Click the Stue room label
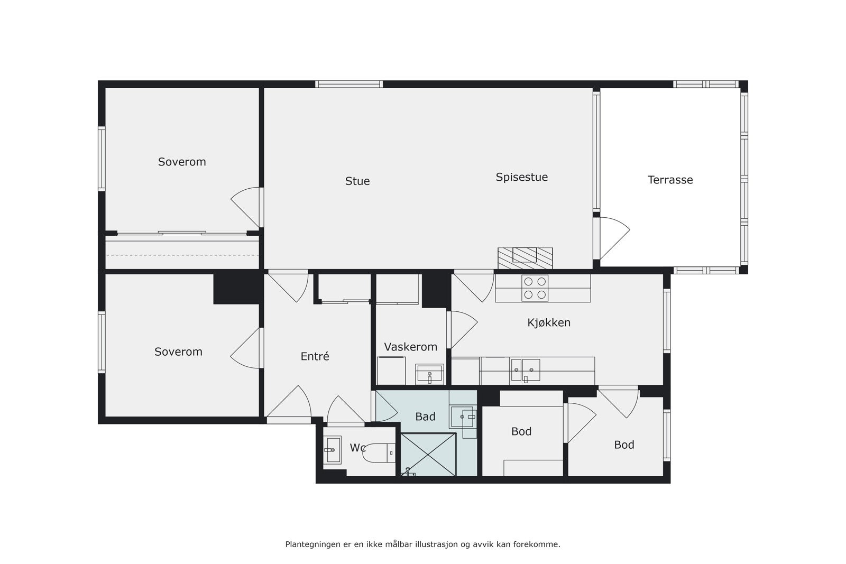point(357,181)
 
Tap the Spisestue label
point(521,178)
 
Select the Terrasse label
point(670,180)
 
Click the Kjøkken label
point(549,322)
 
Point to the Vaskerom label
point(410,347)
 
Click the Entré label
point(315,357)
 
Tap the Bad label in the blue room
point(425,417)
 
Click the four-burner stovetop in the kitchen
point(535,289)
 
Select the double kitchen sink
point(526,369)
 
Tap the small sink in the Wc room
point(333,450)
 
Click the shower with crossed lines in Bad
point(428,454)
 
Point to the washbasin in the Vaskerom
point(429,374)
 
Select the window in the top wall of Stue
point(349,84)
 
